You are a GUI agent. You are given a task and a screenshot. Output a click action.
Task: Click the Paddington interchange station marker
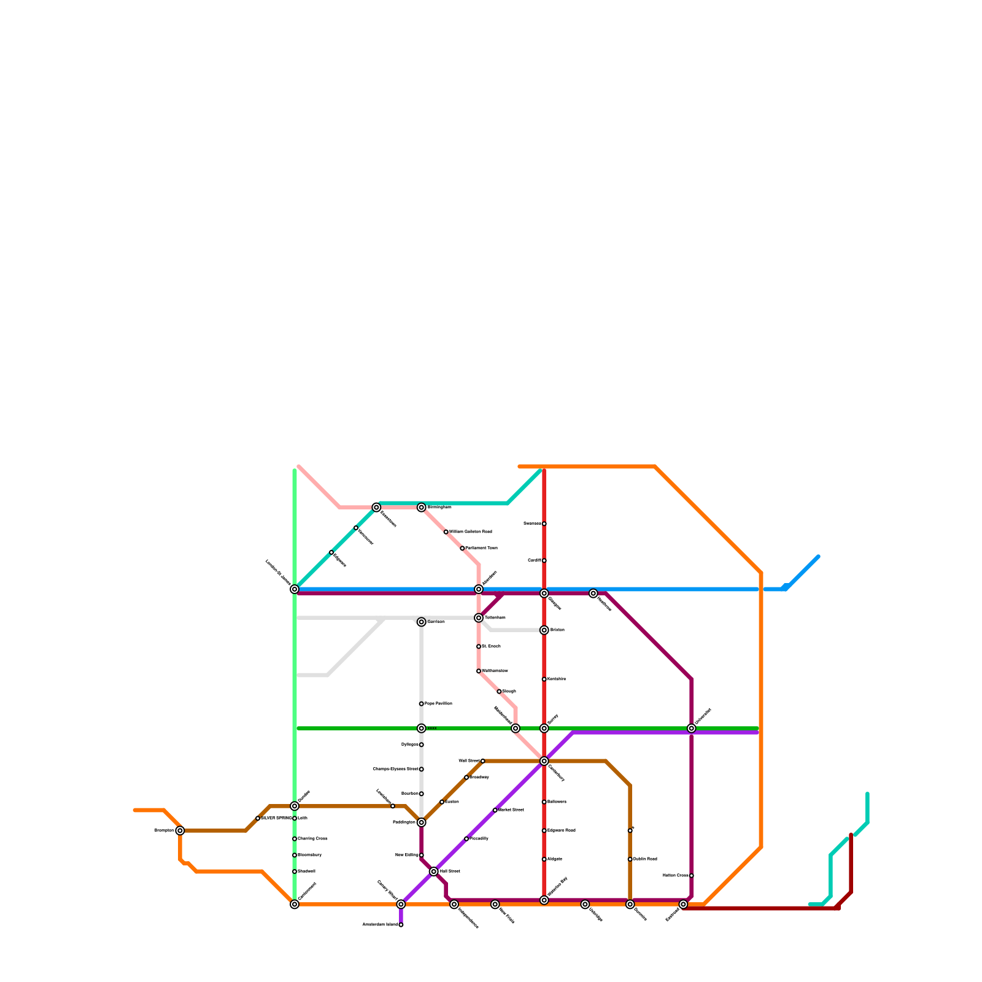421,822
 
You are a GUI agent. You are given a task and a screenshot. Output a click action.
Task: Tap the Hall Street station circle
433,872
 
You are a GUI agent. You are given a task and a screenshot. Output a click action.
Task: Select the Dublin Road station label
645,859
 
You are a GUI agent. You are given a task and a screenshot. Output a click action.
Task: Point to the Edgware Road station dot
544,830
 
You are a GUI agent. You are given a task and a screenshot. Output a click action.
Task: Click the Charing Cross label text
312,838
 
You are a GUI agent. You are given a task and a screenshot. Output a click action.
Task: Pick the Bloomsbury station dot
295,855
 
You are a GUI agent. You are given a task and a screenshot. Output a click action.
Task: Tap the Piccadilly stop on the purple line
466,838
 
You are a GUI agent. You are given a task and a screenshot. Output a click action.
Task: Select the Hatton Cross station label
676,875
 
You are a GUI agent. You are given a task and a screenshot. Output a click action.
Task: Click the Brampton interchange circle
180,830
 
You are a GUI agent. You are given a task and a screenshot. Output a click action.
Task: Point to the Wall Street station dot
482,761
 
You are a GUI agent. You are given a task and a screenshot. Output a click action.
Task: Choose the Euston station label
452,802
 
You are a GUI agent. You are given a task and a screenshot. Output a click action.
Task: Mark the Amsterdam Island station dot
401,925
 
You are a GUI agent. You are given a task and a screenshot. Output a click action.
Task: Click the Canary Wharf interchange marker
401,904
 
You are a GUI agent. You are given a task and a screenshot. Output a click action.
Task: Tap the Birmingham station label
439,508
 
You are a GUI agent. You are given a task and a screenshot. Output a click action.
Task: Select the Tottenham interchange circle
479,617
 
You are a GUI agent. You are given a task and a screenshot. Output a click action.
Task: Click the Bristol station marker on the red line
544,630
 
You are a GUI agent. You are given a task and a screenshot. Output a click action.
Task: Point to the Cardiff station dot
544,560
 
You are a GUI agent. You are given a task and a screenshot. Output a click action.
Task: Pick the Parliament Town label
481,548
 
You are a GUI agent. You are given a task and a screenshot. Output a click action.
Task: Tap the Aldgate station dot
544,859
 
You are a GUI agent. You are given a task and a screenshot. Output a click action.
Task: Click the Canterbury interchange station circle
544,761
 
